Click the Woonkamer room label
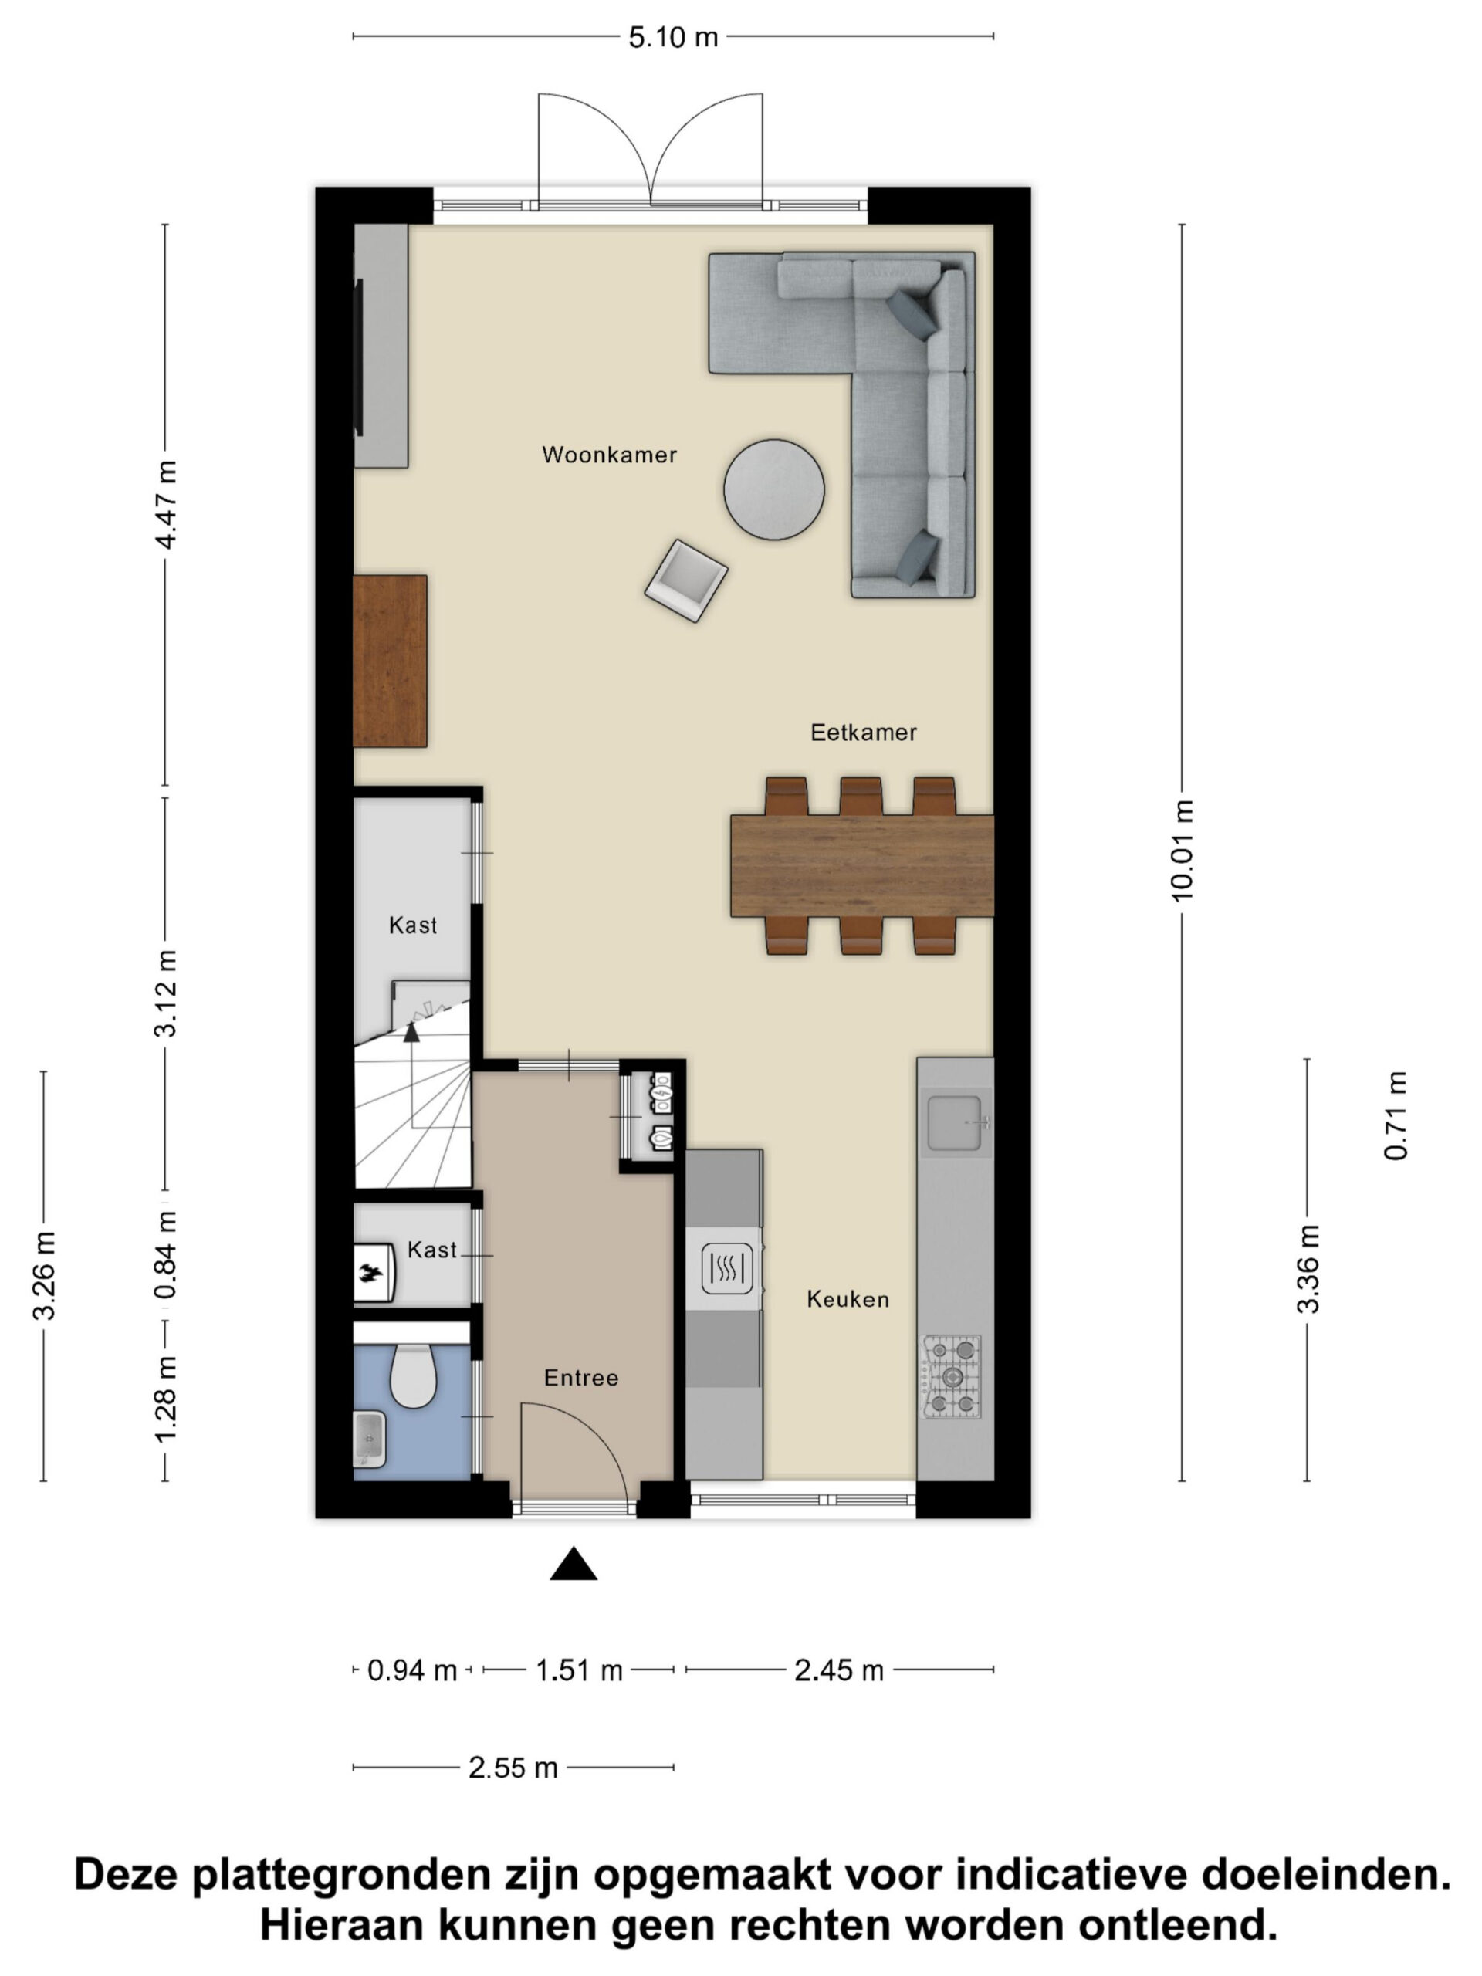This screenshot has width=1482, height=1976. pyautogui.click(x=609, y=455)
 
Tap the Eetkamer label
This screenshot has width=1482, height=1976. pyautogui.click(x=863, y=733)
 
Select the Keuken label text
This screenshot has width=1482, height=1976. pyautogui.click(x=848, y=1299)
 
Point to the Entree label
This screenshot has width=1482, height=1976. pyautogui.click(x=580, y=1378)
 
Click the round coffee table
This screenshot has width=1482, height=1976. pyautogui.click(x=773, y=489)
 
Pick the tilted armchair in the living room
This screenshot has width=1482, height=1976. pyautogui.click(x=686, y=580)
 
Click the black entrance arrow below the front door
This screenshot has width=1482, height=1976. pyautogui.click(x=574, y=1564)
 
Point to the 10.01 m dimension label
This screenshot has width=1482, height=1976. pyautogui.click(x=1182, y=851)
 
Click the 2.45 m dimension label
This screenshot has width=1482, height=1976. pyautogui.click(x=839, y=1670)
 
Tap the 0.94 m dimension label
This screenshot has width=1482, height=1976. pyautogui.click(x=412, y=1670)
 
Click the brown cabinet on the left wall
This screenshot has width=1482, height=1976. pyautogui.click(x=390, y=661)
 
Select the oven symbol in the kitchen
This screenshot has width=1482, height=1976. pyautogui.click(x=726, y=1267)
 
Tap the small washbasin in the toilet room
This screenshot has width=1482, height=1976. pyautogui.click(x=369, y=1439)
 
